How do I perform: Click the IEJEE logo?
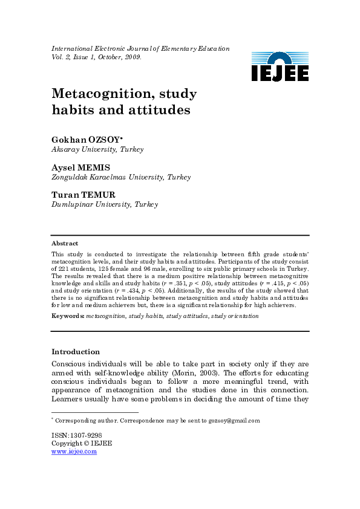[x=280, y=67]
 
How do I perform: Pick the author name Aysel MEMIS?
[x=80, y=167]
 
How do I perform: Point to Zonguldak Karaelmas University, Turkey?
[x=121, y=177]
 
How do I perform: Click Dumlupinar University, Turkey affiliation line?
[x=105, y=205]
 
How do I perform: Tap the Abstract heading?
[x=65, y=243]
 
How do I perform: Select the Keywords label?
[x=68, y=316]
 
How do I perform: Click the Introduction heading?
[x=76, y=352]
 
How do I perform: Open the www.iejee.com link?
[x=74, y=451]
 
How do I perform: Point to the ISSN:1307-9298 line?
[x=76, y=435]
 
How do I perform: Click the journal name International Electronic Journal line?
[x=140, y=48]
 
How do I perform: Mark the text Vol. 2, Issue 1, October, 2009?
[x=97, y=57]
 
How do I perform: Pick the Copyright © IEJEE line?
[x=82, y=443]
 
